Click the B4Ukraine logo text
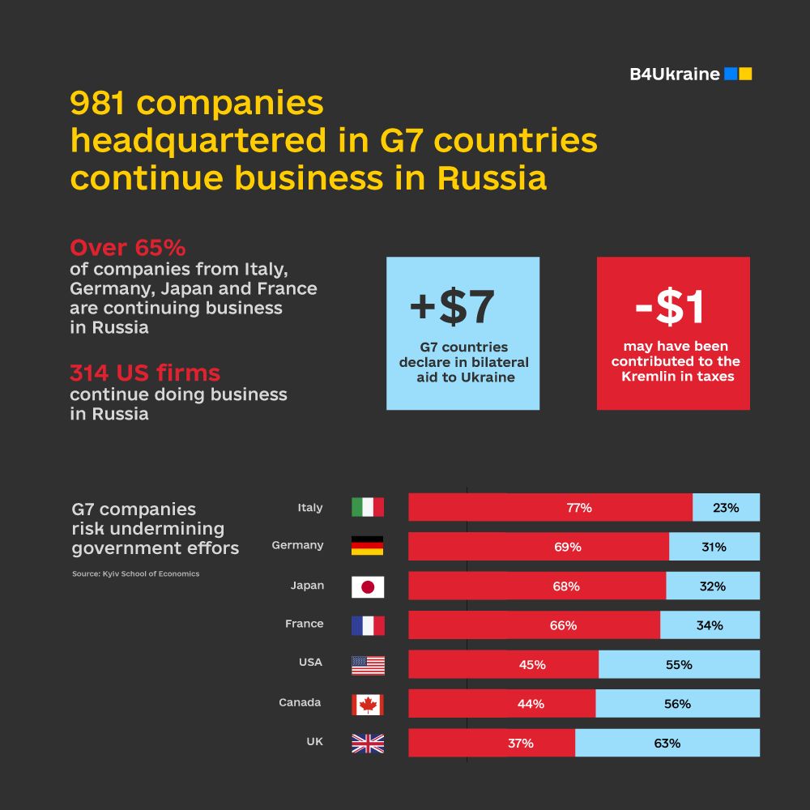click(x=675, y=75)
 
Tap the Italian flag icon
click(x=368, y=508)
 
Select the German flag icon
click(x=368, y=546)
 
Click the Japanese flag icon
click(x=368, y=586)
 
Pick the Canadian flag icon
click(x=368, y=704)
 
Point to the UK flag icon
click(x=368, y=744)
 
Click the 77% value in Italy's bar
click(x=579, y=508)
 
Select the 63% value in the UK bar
click(x=667, y=743)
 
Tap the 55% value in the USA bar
click(x=679, y=664)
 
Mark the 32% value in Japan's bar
click(x=712, y=586)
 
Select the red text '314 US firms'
click(x=145, y=373)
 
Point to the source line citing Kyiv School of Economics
click(x=135, y=573)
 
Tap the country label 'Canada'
click(x=300, y=702)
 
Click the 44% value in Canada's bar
click(x=531, y=704)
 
